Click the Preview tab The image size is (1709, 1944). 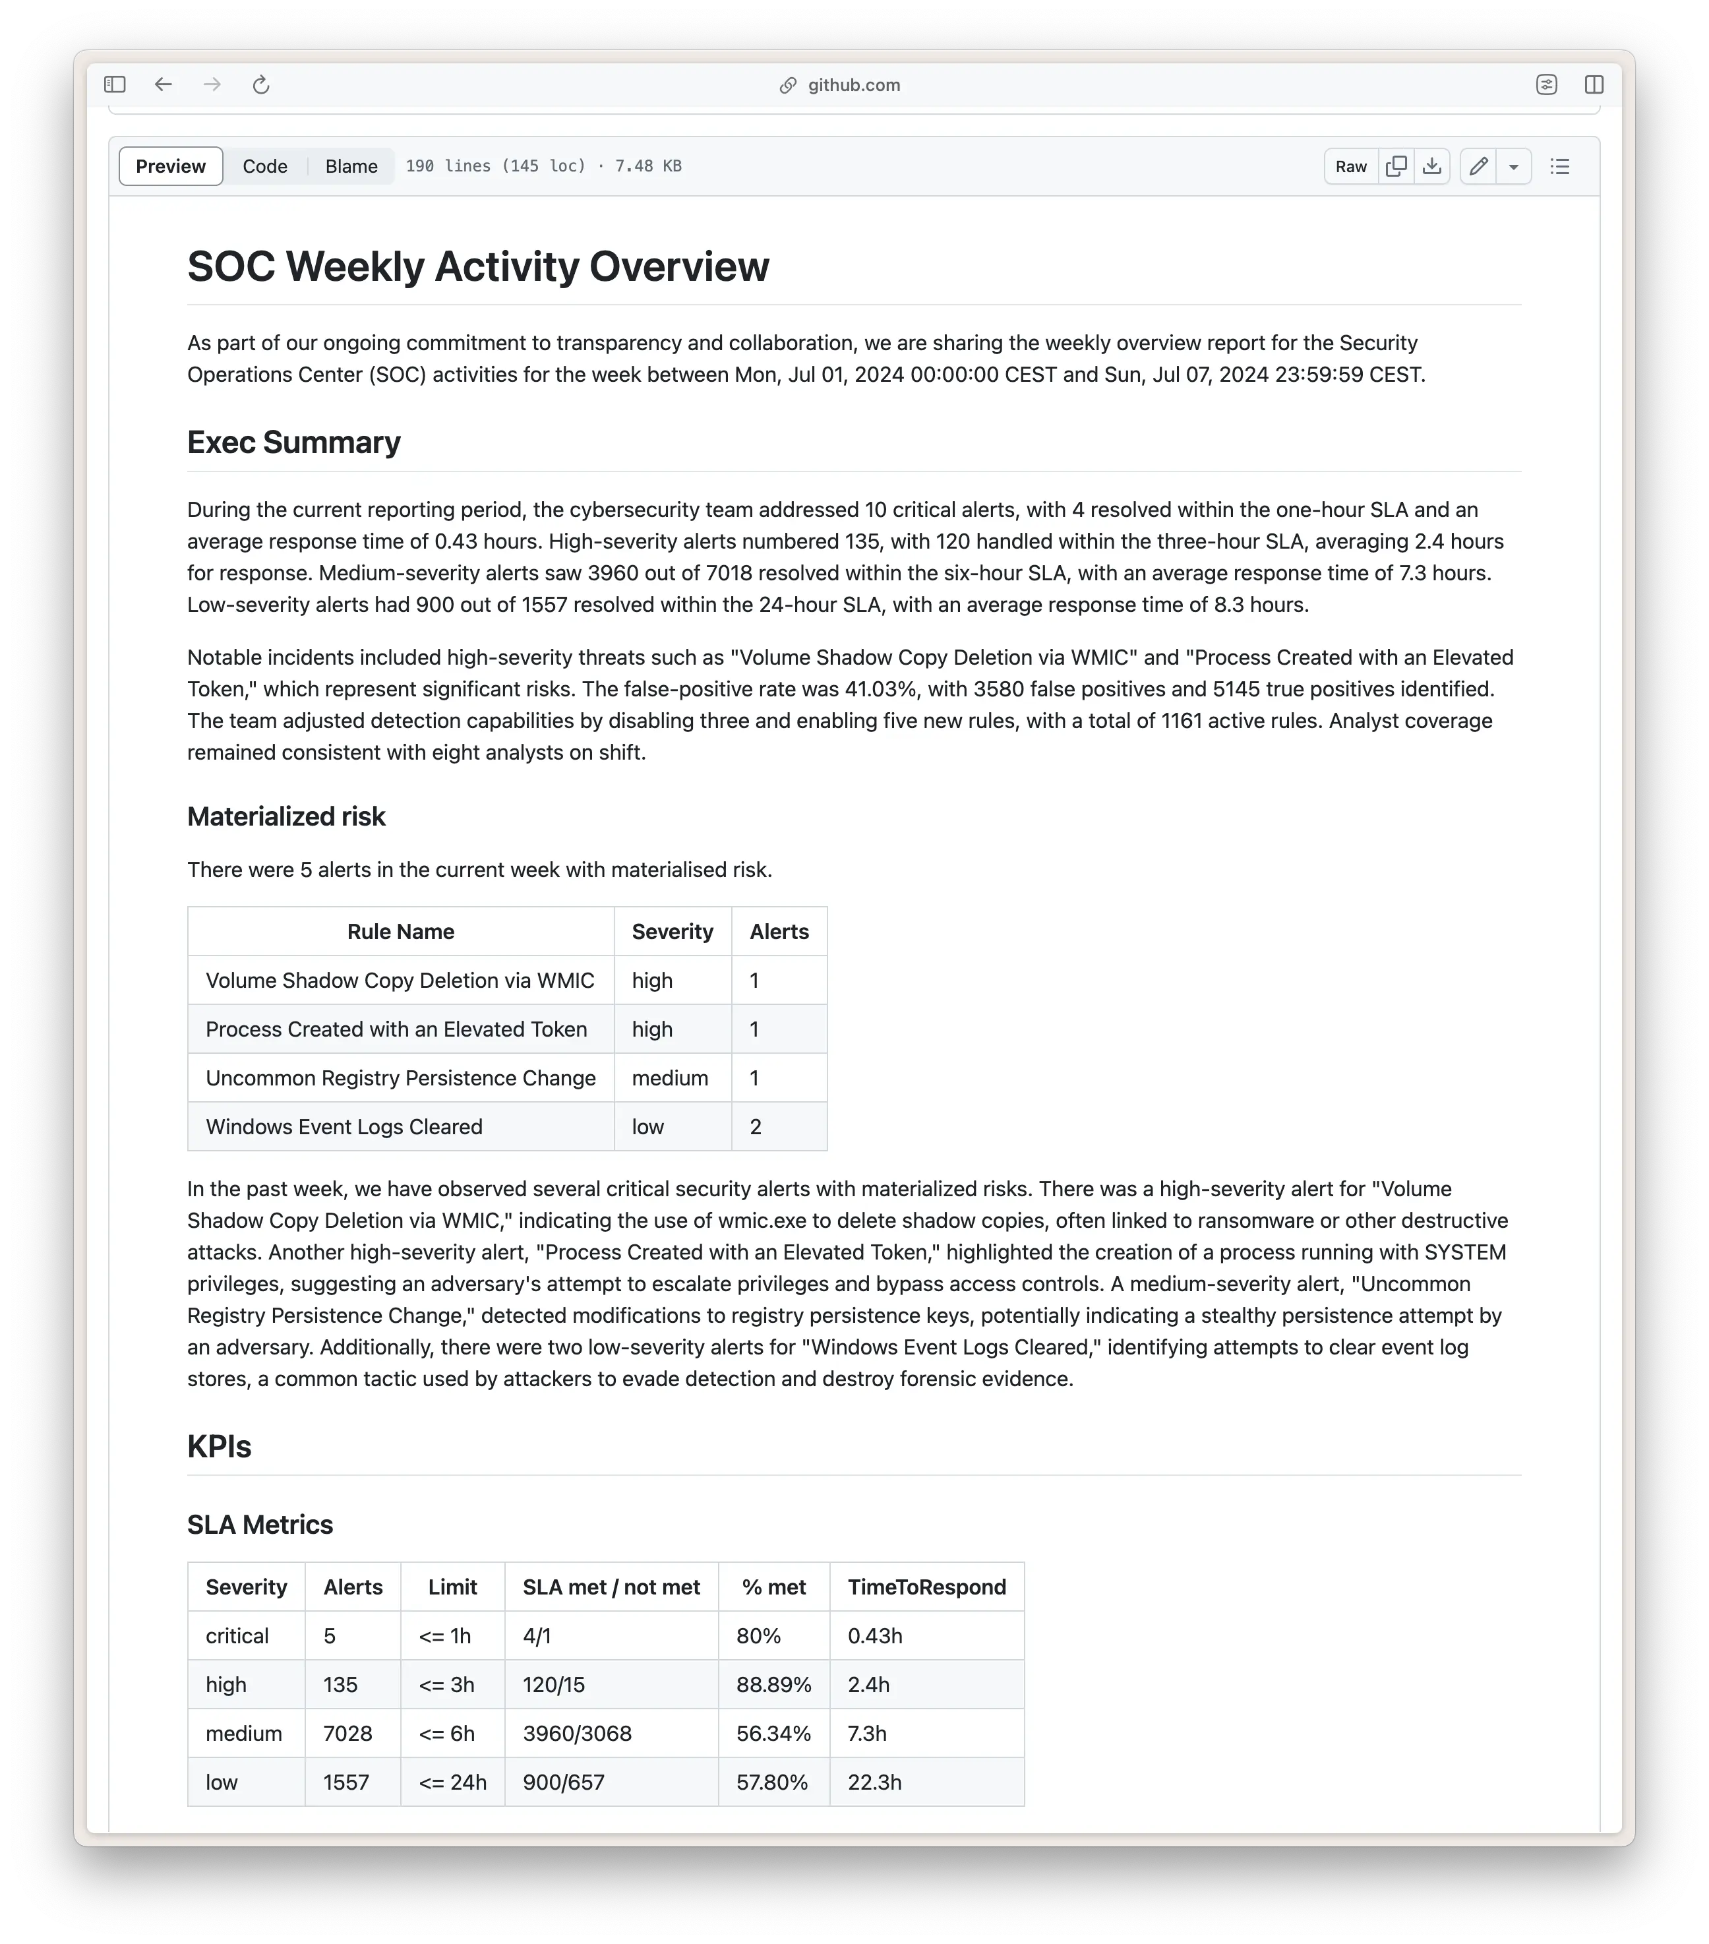170,166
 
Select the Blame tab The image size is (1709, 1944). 351,166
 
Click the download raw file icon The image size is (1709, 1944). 1431,166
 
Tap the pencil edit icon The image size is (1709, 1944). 1478,166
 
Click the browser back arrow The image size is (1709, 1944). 164,84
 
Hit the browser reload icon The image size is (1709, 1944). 260,84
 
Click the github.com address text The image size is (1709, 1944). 853,84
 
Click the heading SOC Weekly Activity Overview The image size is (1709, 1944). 477,266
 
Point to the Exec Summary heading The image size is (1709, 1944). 294,442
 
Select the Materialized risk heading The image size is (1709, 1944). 286,816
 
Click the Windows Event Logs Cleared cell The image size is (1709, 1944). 344,1127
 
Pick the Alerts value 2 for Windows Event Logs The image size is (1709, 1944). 756,1127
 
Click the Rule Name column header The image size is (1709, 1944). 400,932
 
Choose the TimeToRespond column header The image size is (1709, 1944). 926,1587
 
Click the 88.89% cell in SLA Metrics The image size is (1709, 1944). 773,1686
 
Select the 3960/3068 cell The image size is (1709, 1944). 578,1734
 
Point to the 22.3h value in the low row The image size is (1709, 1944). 875,1782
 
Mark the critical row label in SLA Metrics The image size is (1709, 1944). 237,1636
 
